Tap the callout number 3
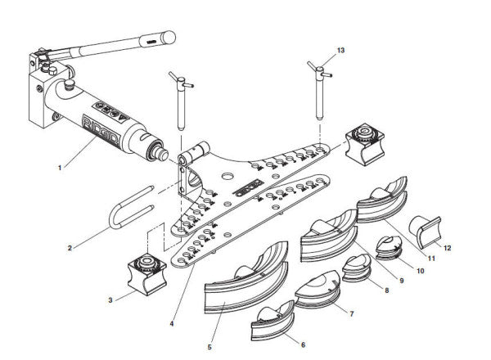pos(110,300)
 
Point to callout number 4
pos(171,323)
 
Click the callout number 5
pos(209,347)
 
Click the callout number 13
pos(340,51)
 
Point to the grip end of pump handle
pos(162,38)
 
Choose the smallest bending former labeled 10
pos(385,246)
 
